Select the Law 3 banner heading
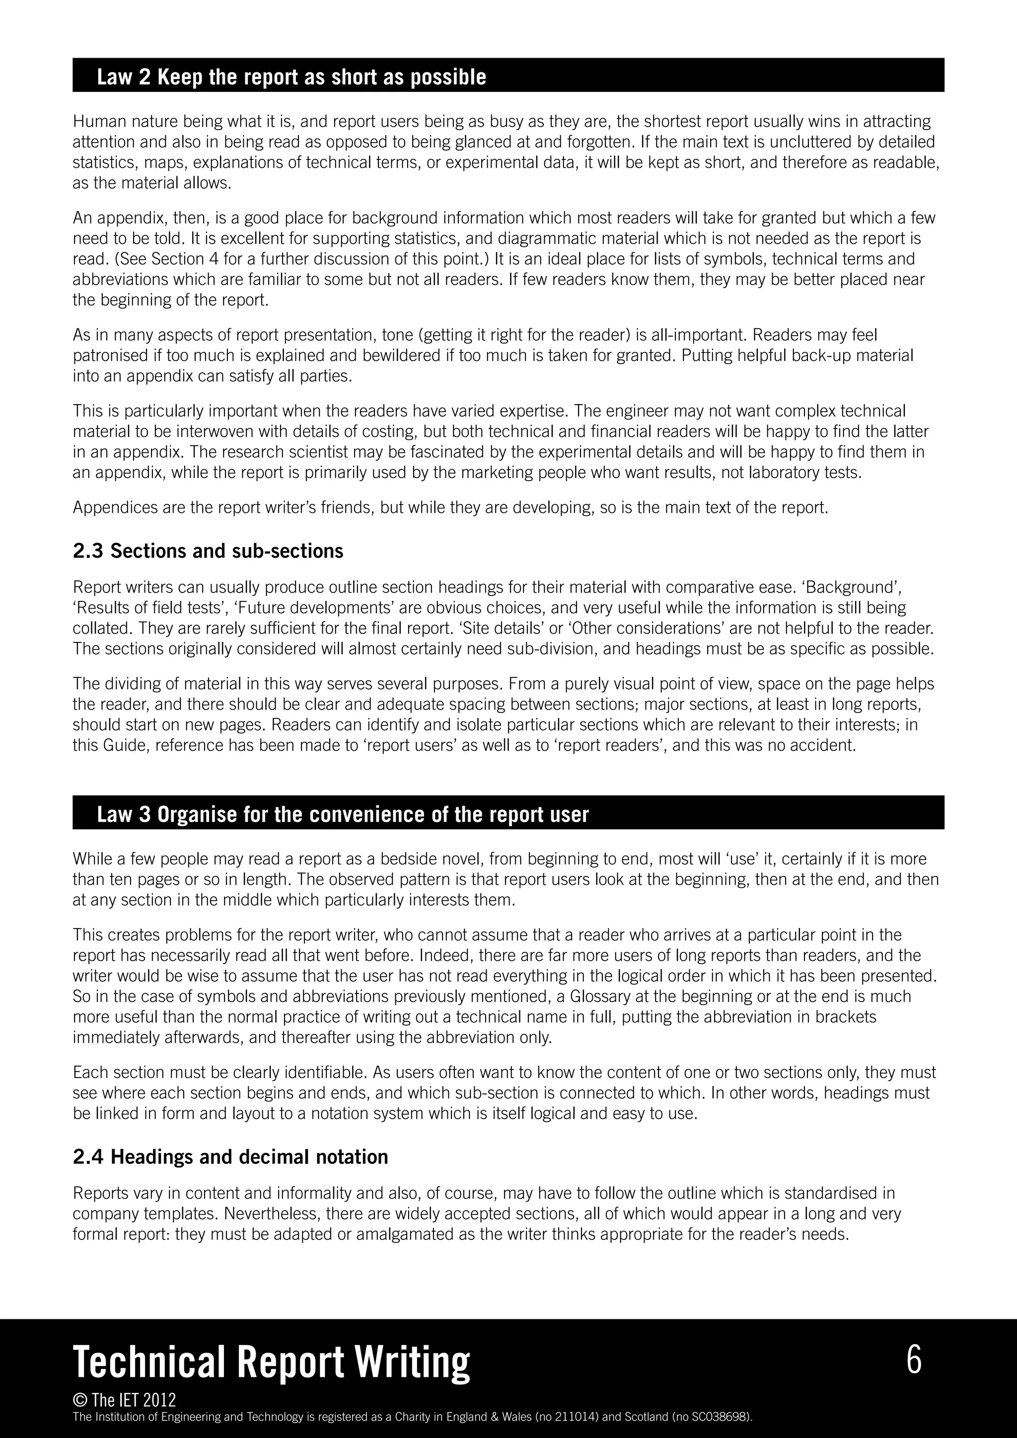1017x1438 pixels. click(x=343, y=814)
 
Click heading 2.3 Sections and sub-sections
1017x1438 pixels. click(x=208, y=551)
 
